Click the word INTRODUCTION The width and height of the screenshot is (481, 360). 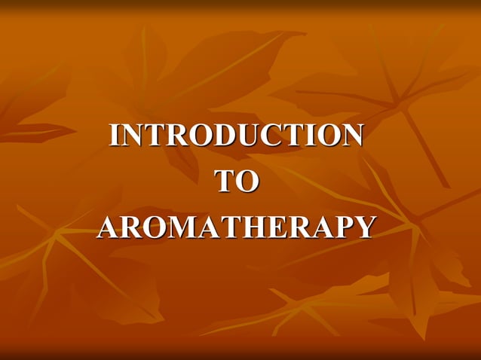pos(237,136)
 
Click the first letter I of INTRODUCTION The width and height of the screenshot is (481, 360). pos(115,136)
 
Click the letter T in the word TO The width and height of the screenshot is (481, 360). pos(225,182)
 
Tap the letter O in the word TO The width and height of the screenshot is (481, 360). pos(247,182)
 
